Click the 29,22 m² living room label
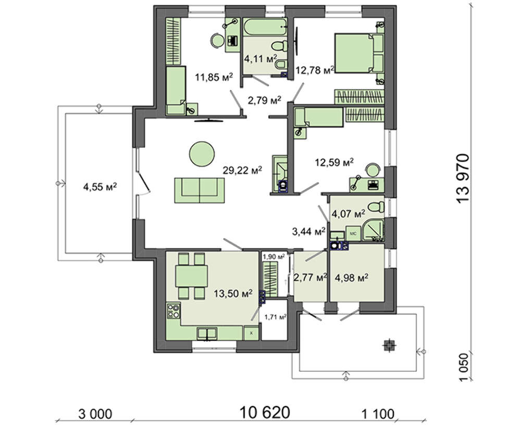click(242, 170)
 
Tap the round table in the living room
click(202, 154)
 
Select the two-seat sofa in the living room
click(200, 190)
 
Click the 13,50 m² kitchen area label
click(233, 294)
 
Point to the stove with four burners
click(173, 311)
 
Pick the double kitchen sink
click(207, 333)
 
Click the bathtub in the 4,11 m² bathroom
click(265, 27)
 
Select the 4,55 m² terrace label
click(100, 187)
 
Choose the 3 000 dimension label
click(95, 414)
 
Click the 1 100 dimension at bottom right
click(378, 414)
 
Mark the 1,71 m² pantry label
click(276, 318)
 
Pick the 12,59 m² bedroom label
click(334, 162)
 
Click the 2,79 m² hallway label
click(265, 100)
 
